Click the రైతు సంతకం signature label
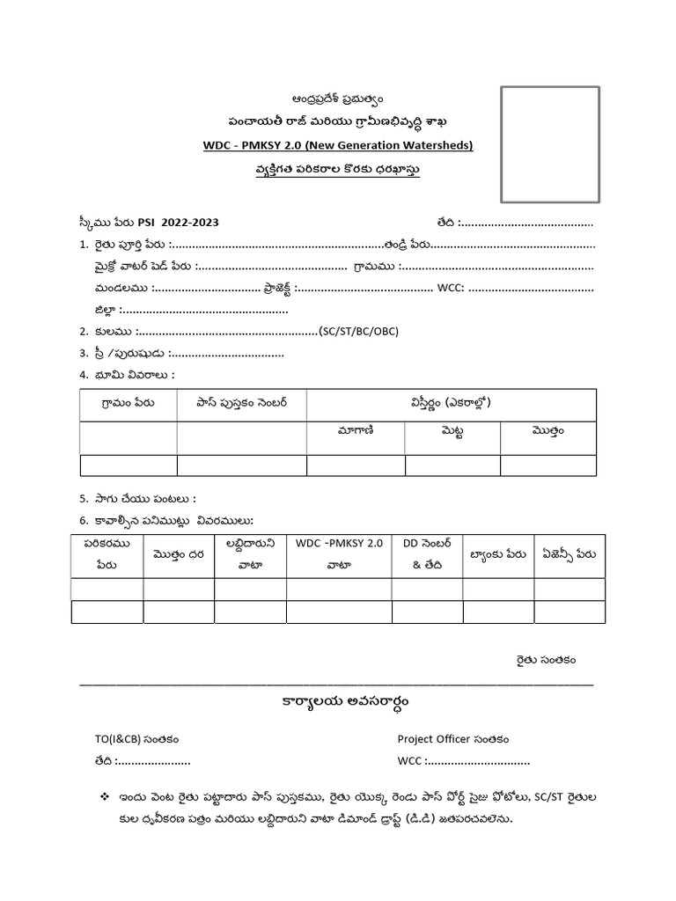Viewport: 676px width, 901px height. (546, 658)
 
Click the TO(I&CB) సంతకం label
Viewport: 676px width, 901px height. (130, 740)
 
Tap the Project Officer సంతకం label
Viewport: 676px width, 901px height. (452, 740)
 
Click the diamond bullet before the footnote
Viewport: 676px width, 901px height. (105, 797)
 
